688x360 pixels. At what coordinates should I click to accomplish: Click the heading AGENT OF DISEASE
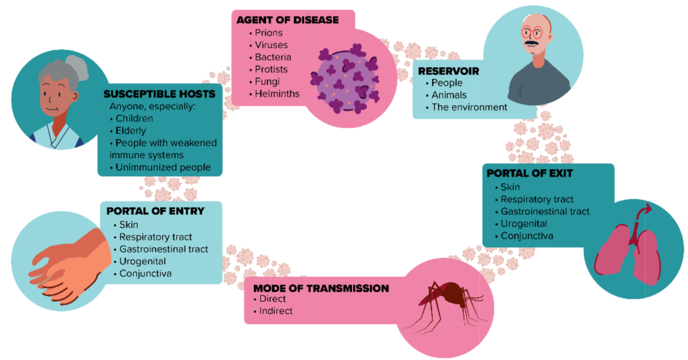[288, 20]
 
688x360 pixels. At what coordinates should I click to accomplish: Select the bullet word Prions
[269, 32]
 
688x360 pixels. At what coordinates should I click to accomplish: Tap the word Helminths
[277, 94]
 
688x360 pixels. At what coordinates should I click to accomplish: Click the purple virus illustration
[345, 78]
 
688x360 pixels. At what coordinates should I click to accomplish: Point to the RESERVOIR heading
[449, 71]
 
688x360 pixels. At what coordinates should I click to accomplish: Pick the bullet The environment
[469, 107]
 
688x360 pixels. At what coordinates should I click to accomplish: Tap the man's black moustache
[532, 43]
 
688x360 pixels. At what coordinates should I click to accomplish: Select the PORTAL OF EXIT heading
[530, 174]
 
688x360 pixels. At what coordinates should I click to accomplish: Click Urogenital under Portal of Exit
[524, 224]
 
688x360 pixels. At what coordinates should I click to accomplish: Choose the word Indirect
[276, 311]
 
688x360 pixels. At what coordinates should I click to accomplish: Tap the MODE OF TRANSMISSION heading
[321, 288]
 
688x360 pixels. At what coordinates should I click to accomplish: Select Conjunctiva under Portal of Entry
[145, 274]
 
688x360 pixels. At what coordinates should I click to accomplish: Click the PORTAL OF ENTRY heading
[156, 211]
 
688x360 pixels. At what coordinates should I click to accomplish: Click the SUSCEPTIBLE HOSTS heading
[159, 94]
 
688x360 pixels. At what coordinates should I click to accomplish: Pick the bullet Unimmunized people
[163, 167]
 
